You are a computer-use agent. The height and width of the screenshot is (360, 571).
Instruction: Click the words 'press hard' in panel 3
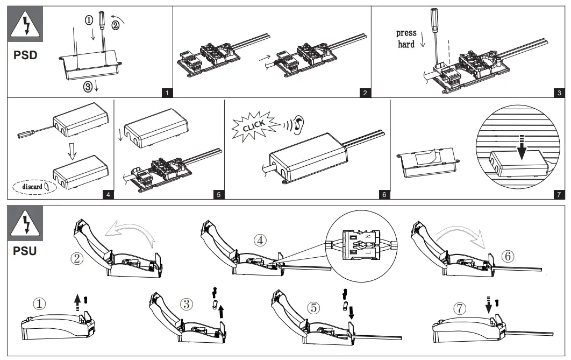(x=406, y=39)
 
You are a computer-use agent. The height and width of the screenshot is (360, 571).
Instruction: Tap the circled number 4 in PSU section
(x=260, y=241)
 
